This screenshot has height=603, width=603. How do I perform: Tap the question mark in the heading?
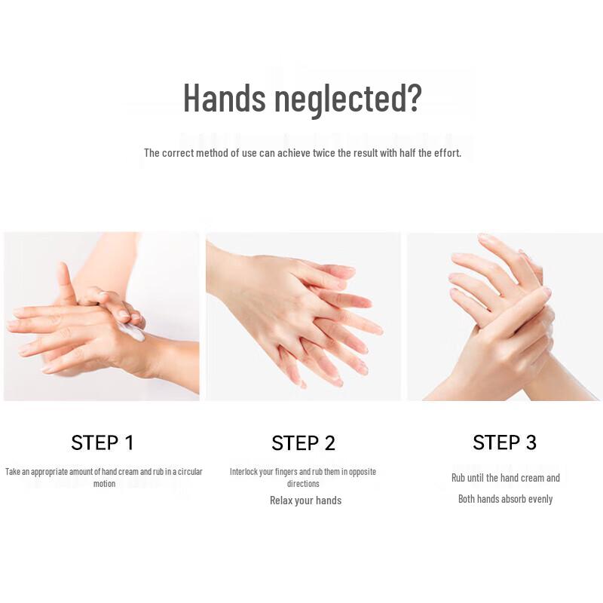tap(412, 98)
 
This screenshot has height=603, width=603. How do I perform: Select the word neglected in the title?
tap(346, 98)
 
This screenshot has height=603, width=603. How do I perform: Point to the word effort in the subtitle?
tap(444, 153)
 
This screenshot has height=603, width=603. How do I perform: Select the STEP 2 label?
tap(303, 442)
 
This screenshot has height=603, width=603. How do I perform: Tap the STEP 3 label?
tap(504, 442)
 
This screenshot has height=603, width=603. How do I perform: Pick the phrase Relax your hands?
tap(305, 500)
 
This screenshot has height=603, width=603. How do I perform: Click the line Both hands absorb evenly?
tap(505, 499)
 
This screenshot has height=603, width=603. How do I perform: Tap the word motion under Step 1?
tap(104, 484)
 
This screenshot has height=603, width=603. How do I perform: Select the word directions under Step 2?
tap(303, 484)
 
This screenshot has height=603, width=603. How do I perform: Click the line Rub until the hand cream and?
tap(505, 478)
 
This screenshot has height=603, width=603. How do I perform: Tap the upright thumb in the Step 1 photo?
tap(64, 280)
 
